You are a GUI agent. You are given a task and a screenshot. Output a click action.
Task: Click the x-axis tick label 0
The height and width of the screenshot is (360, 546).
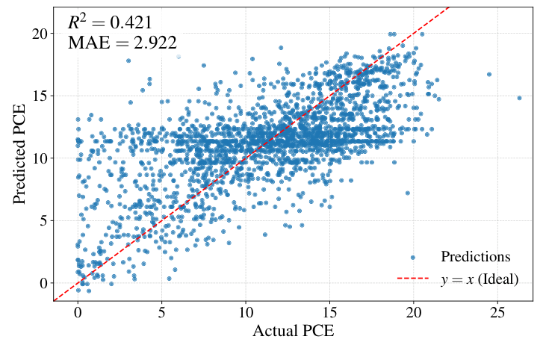click(78, 313)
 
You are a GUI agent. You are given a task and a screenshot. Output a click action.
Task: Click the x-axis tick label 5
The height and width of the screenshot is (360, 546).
click(162, 313)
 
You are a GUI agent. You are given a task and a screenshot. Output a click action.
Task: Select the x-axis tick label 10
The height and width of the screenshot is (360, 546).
click(246, 313)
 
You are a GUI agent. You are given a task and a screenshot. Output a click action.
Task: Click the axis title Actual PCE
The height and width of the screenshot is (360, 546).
click(294, 332)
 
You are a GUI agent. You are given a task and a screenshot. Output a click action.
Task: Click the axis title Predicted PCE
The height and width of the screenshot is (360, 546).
click(20, 153)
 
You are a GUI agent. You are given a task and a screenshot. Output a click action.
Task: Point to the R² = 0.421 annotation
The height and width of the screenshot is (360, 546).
click(110, 22)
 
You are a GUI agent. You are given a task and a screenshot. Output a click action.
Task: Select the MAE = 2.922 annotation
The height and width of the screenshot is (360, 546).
click(122, 43)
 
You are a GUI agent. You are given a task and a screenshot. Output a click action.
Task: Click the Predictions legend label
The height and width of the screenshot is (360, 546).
click(475, 257)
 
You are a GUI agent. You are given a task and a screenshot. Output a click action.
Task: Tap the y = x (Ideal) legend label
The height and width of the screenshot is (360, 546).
click(479, 279)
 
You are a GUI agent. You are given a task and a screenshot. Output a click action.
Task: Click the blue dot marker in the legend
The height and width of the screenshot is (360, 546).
click(413, 257)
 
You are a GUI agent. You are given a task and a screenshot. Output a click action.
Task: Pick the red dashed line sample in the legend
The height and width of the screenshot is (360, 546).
click(413, 279)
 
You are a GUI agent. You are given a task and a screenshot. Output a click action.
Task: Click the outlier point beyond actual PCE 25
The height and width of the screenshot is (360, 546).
click(519, 98)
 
